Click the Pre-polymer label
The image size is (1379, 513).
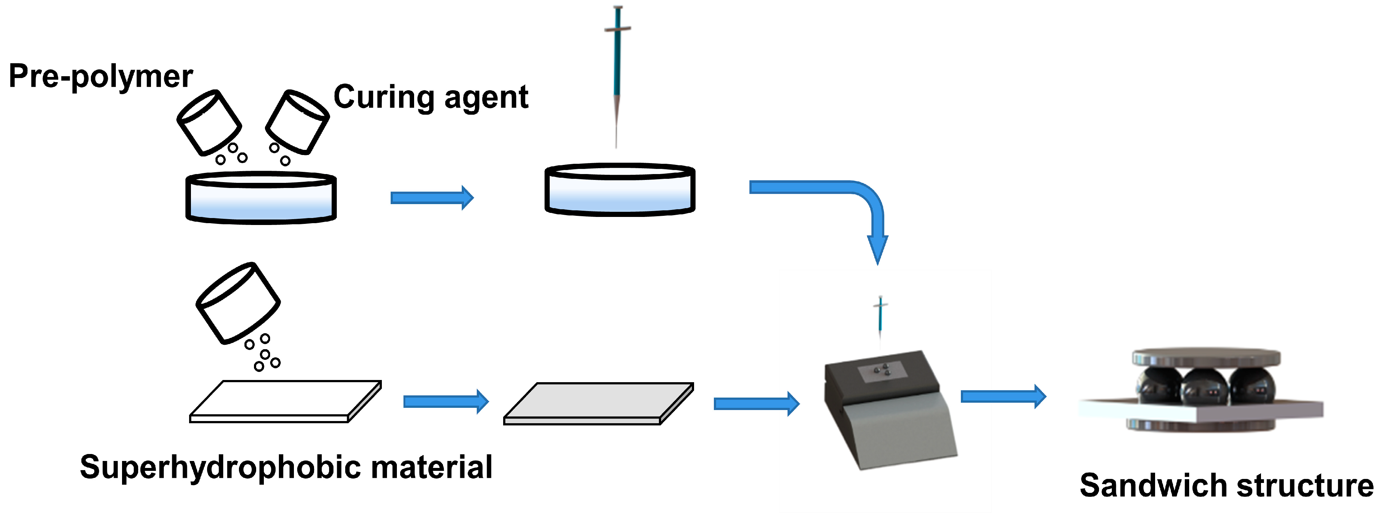(x=101, y=76)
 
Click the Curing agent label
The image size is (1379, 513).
(x=431, y=97)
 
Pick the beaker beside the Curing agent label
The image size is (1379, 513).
(x=298, y=122)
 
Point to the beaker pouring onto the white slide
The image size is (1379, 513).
(x=238, y=303)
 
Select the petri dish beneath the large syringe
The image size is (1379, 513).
(x=620, y=190)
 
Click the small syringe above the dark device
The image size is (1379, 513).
(x=880, y=316)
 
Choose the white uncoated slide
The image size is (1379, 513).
(x=285, y=401)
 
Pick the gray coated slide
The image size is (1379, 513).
(x=598, y=403)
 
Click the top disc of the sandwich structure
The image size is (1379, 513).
(x=1206, y=358)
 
